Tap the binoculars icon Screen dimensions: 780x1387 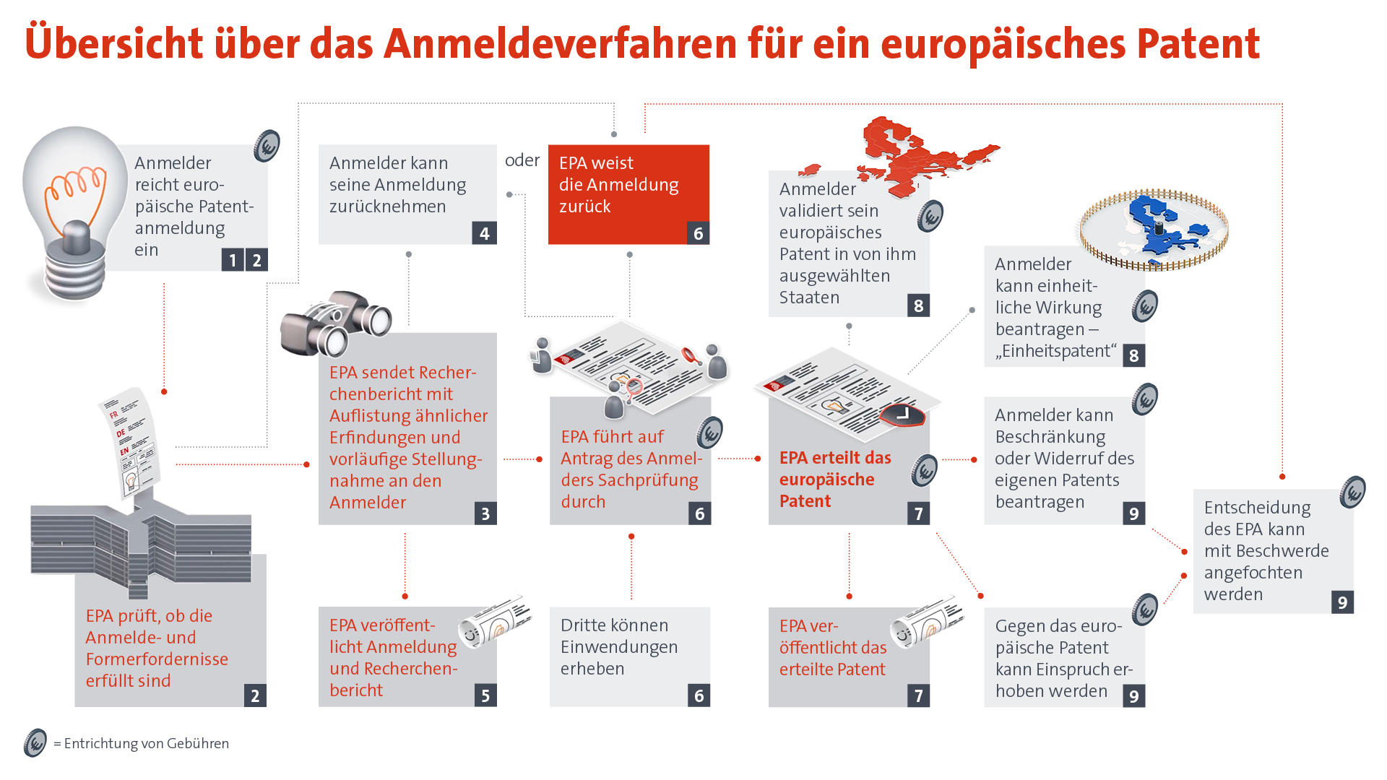pyautogui.click(x=335, y=324)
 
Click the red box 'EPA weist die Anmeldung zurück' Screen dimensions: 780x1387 pyautogui.click(x=628, y=194)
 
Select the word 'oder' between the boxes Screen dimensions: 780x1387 pyautogui.click(x=522, y=160)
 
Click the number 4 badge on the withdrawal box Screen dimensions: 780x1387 pyautogui.click(x=484, y=233)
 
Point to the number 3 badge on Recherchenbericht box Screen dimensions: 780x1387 pyautogui.click(x=485, y=513)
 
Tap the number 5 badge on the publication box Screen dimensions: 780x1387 pyautogui.click(x=485, y=695)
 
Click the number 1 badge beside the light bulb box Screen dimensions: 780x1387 pyautogui.click(x=233, y=260)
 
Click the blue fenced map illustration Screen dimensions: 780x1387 pyautogui.click(x=1153, y=228)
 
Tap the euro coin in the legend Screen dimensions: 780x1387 pyautogui.click(x=35, y=742)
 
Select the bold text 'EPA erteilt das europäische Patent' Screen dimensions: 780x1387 pyautogui.click(x=834, y=479)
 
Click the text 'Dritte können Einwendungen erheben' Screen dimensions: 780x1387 pyautogui.click(x=618, y=646)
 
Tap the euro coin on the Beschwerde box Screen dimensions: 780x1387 pyautogui.click(x=1352, y=493)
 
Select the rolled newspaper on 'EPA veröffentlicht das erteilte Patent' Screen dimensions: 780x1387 pyautogui.click(x=928, y=621)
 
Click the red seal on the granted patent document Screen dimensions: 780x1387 pyautogui.click(x=902, y=415)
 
